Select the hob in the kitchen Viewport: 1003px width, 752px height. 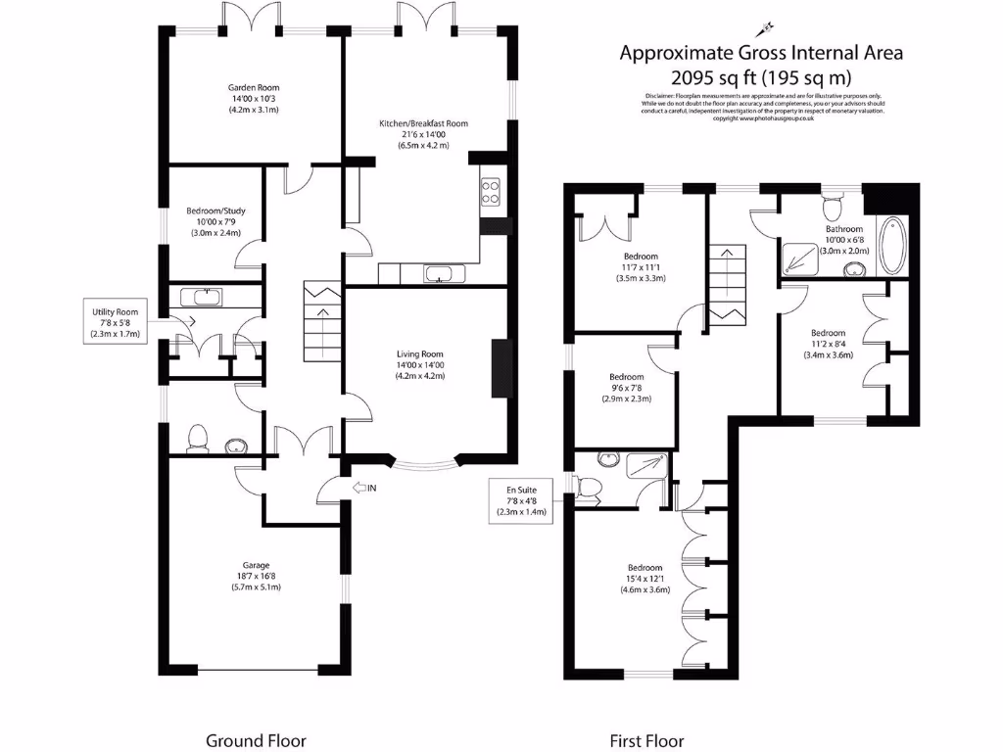click(491, 191)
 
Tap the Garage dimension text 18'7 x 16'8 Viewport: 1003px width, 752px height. click(255, 576)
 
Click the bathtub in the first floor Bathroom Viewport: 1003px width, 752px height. click(892, 246)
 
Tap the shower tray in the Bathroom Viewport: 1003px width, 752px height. click(802, 254)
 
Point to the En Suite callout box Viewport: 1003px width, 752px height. click(520, 498)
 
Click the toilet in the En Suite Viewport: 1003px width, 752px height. click(590, 486)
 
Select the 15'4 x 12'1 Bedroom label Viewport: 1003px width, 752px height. click(645, 579)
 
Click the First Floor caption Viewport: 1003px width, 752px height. click(646, 741)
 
